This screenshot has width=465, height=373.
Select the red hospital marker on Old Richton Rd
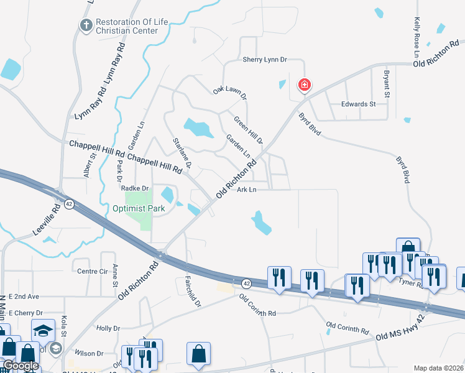coord(304,85)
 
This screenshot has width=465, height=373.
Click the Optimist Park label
coord(139,208)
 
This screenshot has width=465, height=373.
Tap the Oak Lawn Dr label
coord(230,94)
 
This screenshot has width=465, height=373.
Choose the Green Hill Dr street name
coord(248,130)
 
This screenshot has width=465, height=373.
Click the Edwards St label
coord(358,104)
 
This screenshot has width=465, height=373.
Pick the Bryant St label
coord(386,84)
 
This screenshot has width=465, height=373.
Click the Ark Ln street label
coord(247,190)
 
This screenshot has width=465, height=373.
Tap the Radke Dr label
coord(136,188)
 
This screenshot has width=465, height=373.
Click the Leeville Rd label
coord(48,220)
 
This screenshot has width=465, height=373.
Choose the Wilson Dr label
coord(90,353)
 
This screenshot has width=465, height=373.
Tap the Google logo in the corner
coord(21,366)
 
